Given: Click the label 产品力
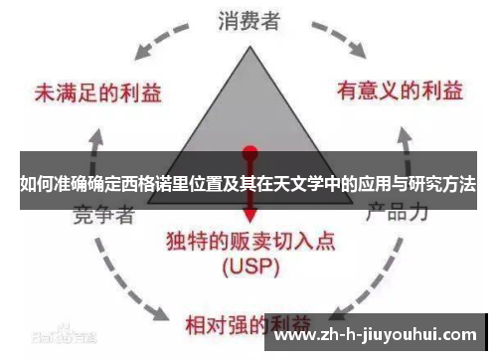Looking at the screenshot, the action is click(397, 213).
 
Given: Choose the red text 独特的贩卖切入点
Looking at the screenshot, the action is click(249, 242).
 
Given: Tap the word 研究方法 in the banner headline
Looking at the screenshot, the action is click(437, 185).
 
